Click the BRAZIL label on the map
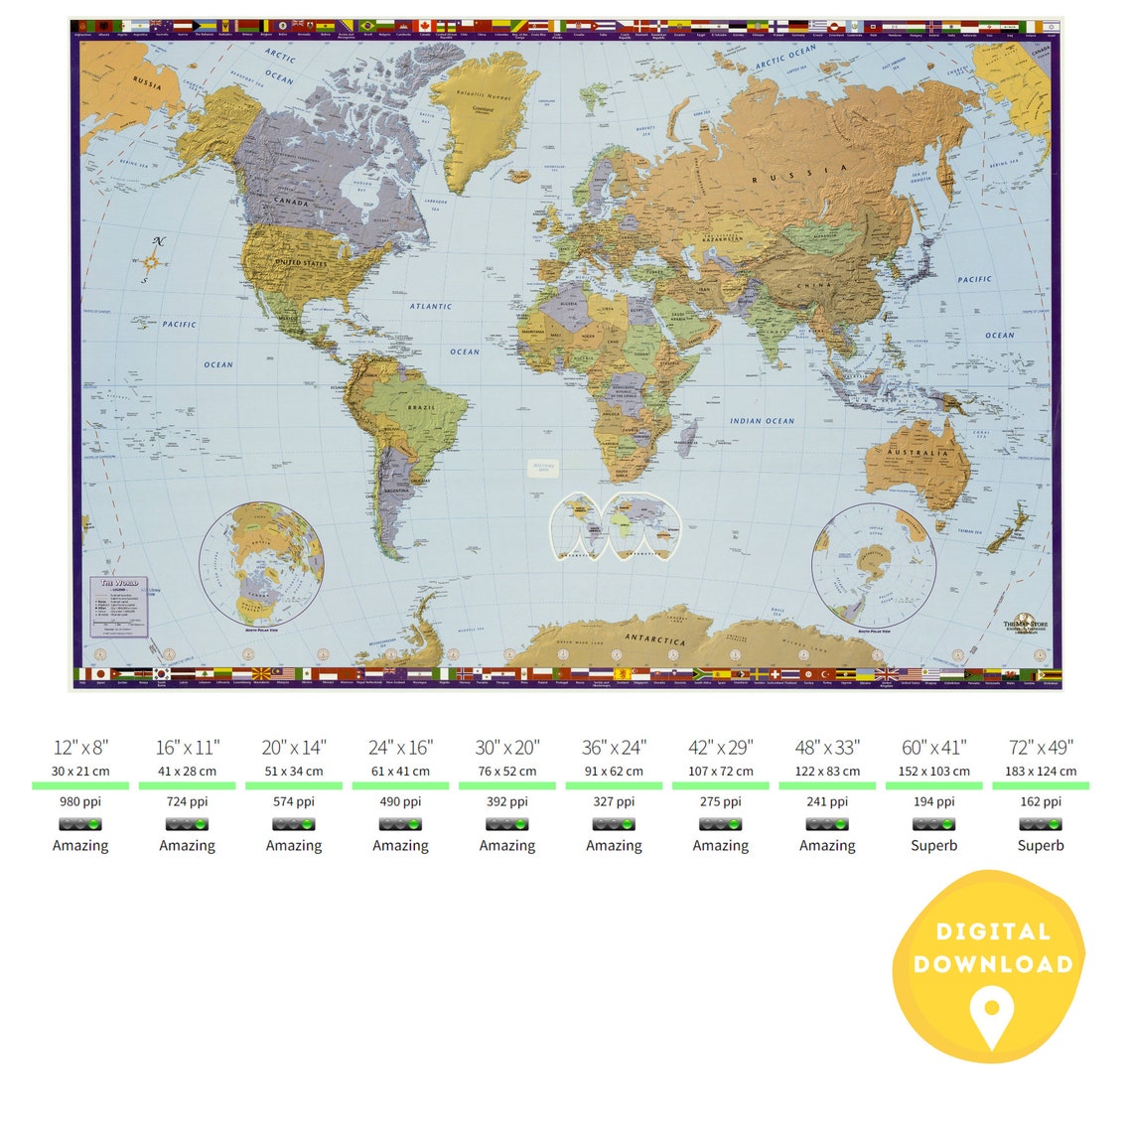[422, 408]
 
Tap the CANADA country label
[292, 202]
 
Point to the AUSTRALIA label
[918, 453]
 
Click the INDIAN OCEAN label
[763, 421]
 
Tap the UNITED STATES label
[300, 263]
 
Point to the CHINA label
[821, 286]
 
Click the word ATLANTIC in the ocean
[431, 307]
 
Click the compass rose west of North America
[151, 261]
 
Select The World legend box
[119, 607]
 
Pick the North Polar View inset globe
[262, 564]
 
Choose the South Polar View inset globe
[874, 565]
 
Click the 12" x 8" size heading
[80, 748]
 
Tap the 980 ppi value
[80, 802]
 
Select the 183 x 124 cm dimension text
[1041, 772]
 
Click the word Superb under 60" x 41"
[934, 846]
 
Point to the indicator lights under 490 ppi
[401, 824]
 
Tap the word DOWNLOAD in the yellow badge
[993, 964]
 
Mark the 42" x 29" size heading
[721, 748]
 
